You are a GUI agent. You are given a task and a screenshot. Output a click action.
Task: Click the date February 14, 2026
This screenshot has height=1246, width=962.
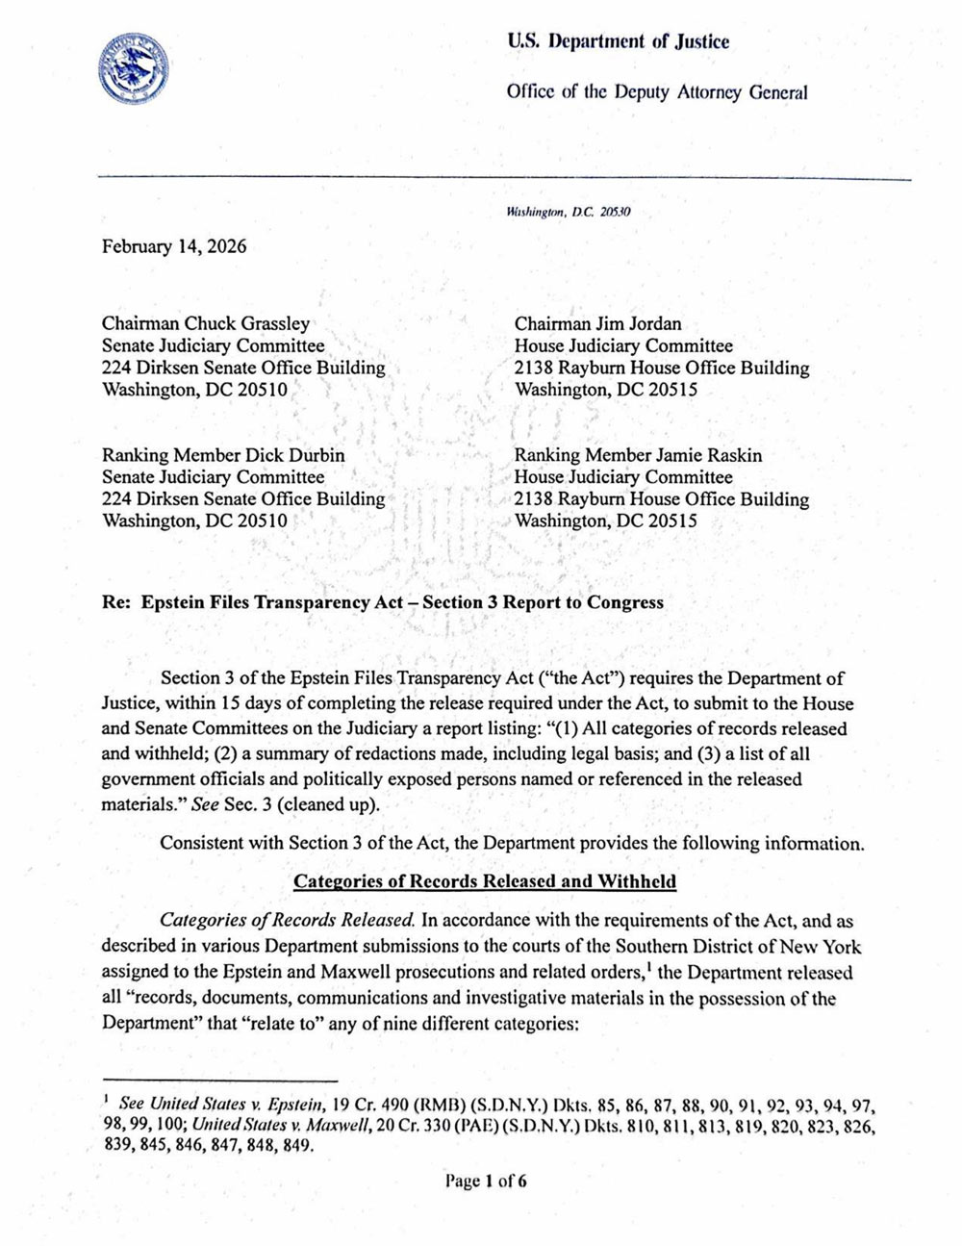(x=174, y=246)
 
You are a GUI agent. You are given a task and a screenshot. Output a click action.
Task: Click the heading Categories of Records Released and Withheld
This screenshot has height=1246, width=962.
(x=485, y=881)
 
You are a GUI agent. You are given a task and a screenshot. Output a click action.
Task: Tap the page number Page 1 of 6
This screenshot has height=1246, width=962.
(x=485, y=1182)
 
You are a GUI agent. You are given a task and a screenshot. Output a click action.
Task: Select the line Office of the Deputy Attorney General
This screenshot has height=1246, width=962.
(x=657, y=92)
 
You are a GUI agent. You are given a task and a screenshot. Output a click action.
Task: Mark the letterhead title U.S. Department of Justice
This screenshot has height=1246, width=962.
(x=618, y=41)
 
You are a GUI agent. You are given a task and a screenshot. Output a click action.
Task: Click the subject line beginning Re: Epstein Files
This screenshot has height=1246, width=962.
(x=383, y=602)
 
